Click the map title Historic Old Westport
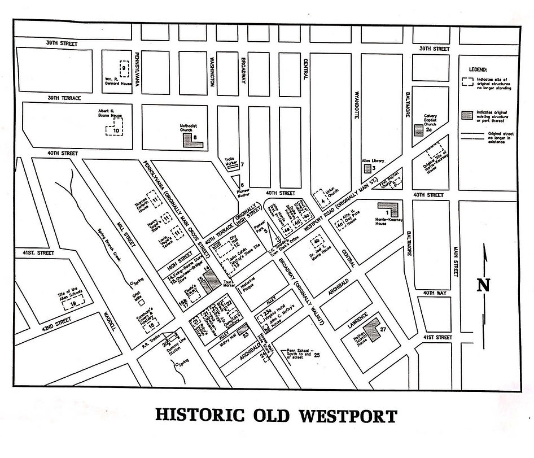point(275,416)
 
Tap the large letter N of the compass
point(483,285)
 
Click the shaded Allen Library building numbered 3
point(367,168)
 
